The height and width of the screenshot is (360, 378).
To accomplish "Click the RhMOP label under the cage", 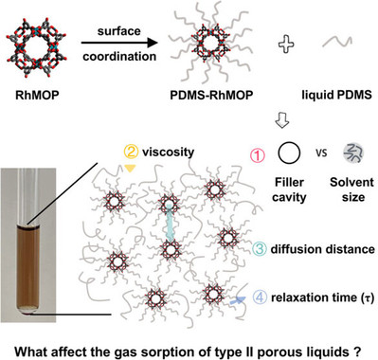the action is click(x=37, y=95).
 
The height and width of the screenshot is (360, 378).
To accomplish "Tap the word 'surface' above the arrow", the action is click(x=119, y=31).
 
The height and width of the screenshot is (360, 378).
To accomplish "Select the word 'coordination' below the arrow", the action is click(x=119, y=57).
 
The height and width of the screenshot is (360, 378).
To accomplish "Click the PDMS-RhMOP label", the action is click(x=211, y=95).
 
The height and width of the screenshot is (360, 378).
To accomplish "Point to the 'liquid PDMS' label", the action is click(x=337, y=95).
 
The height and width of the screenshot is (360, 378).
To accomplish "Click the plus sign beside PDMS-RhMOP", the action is click(x=286, y=45).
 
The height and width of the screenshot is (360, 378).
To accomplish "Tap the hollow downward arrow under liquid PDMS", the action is click(x=281, y=121).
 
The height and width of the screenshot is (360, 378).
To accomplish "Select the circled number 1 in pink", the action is click(x=258, y=155).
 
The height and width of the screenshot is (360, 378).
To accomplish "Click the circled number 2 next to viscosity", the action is click(x=131, y=152).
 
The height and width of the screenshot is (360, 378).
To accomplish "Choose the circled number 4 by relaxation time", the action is click(x=260, y=297).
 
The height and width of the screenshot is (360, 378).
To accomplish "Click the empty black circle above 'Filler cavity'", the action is click(x=289, y=153).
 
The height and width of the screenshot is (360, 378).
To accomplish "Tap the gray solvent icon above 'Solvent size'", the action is click(x=353, y=153).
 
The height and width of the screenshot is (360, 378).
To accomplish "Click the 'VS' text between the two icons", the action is click(x=321, y=153).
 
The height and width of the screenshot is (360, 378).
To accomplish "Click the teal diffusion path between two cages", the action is click(x=170, y=224).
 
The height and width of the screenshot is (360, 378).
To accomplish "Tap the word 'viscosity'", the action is click(x=168, y=153).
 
